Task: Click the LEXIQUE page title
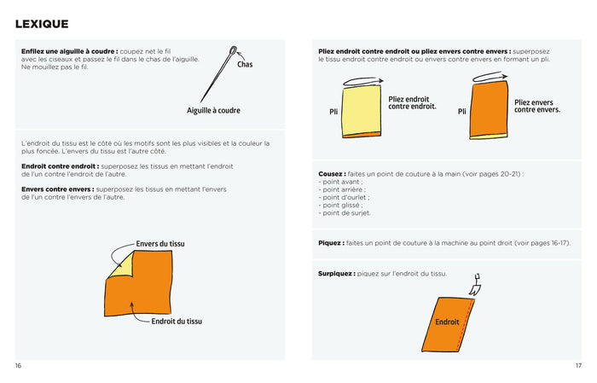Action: click(42, 24)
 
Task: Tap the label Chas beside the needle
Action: click(245, 64)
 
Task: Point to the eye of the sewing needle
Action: click(234, 50)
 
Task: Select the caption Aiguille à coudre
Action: click(213, 110)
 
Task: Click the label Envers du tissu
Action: click(160, 244)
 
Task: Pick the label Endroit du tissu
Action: click(177, 322)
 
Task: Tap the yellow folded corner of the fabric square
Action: click(121, 265)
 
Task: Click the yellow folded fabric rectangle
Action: click(362, 110)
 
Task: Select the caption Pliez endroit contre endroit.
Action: click(412, 103)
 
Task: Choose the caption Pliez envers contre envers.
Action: click(537, 107)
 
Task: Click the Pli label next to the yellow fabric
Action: click(333, 112)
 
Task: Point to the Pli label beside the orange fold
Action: click(462, 112)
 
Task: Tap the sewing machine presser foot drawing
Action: click(475, 285)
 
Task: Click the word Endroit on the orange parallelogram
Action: click(447, 322)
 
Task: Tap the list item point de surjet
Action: click(345, 213)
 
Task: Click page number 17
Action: click(578, 366)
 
